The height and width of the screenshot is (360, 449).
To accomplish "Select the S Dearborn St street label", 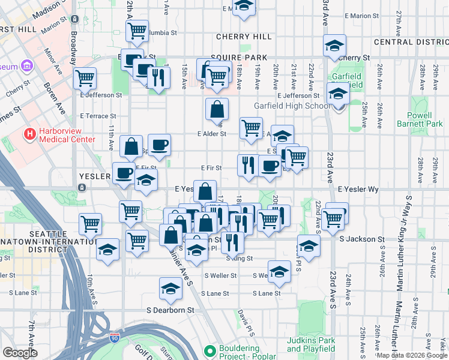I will tap(171, 310).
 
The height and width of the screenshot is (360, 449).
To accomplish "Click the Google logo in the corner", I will tap(20, 353).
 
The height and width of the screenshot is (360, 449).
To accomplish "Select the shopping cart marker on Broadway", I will tap(85, 77).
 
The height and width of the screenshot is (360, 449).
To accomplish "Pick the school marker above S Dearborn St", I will tap(170, 289).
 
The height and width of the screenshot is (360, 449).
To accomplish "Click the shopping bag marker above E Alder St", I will tap(217, 109).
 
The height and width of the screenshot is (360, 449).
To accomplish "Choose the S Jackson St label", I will tap(361, 239).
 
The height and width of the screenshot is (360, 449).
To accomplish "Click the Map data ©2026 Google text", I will tap(412, 355).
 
